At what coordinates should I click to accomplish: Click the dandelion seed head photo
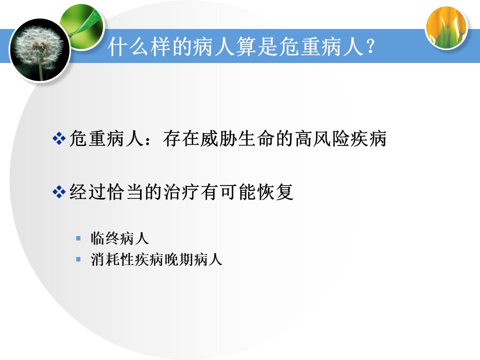coord(40,50)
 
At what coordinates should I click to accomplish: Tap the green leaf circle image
coord(82,26)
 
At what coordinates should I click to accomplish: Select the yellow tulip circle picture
coord(446,27)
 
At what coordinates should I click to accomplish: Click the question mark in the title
coord(370,46)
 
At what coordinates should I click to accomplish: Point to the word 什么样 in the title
coord(139,46)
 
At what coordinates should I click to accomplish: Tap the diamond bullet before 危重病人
coord(59,138)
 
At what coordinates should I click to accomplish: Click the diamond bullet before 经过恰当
coord(59,192)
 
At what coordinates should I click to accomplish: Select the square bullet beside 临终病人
coord(78,238)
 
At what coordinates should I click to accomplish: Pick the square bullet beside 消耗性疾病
coord(78,259)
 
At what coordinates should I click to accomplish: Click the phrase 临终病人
coord(119,238)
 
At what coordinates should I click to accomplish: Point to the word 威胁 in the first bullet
coord(218,138)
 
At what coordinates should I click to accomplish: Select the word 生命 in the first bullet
coord(256,138)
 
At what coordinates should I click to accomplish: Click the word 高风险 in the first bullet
coord(321,138)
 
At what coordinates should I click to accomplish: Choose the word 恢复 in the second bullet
coord(275,192)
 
